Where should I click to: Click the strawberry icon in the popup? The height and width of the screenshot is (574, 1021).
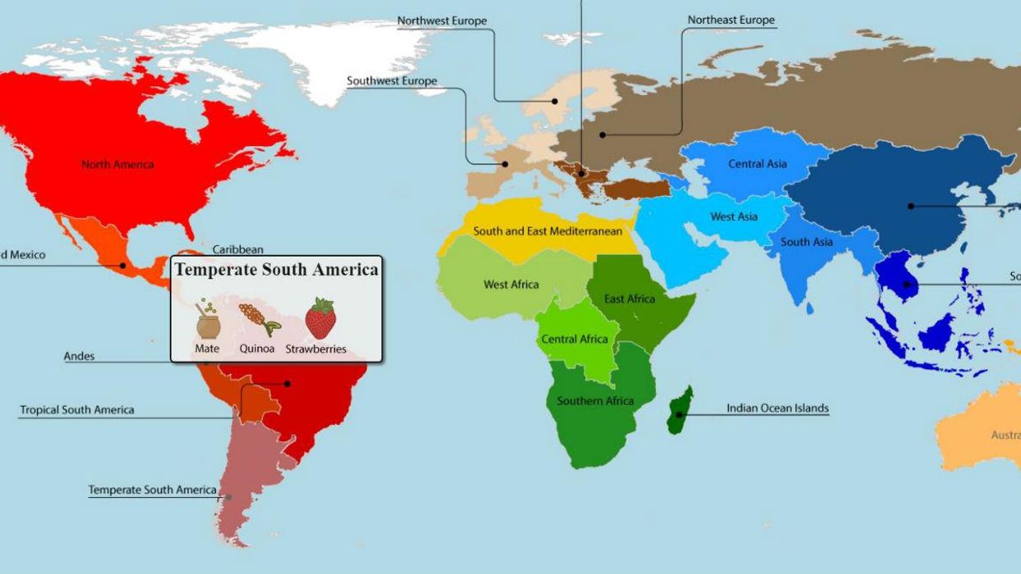pyautogui.click(x=321, y=319)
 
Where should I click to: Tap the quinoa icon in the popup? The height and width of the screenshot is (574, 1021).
pyautogui.click(x=258, y=319)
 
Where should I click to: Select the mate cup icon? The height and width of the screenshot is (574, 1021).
pyautogui.click(x=207, y=321)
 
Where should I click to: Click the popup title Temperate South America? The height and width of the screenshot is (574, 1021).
pyautogui.click(x=276, y=269)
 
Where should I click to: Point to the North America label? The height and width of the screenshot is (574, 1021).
pyautogui.click(x=117, y=165)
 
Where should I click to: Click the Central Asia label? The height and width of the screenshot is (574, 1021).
pyautogui.click(x=757, y=164)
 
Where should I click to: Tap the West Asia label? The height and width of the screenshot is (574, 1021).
pyautogui.click(x=734, y=216)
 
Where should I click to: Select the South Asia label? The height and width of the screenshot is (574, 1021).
pyautogui.click(x=806, y=242)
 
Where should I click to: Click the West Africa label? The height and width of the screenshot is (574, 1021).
pyautogui.click(x=511, y=285)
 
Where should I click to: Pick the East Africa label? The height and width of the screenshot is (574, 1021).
pyautogui.click(x=630, y=298)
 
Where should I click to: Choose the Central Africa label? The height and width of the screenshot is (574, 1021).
pyautogui.click(x=575, y=339)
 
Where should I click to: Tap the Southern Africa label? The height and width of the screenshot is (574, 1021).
pyautogui.click(x=595, y=401)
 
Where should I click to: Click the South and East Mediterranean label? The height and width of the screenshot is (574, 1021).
pyautogui.click(x=548, y=231)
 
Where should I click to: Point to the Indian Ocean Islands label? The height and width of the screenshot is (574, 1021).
pyautogui.click(x=777, y=408)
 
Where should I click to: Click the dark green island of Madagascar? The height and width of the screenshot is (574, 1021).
pyautogui.click(x=679, y=410)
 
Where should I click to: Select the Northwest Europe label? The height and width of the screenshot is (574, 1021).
pyautogui.click(x=442, y=20)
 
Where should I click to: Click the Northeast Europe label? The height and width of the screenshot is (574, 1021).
pyautogui.click(x=731, y=20)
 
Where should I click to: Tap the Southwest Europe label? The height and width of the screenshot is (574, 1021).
pyautogui.click(x=392, y=81)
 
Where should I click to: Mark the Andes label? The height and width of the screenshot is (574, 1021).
pyautogui.click(x=80, y=357)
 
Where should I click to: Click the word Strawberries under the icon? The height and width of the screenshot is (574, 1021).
pyautogui.click(x=316, y=349)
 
